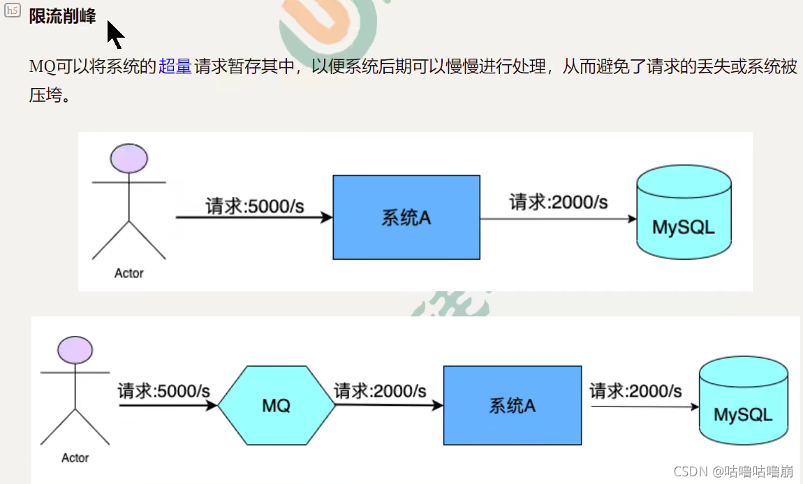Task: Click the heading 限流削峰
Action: click(62, 16)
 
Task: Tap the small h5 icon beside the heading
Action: click(13, 13)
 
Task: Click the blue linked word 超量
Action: click(175, 67)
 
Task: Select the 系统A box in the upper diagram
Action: click(406, 217)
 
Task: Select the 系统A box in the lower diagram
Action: click(512, 405)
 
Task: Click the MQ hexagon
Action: click(277, 405)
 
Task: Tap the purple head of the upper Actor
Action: click(129, 159)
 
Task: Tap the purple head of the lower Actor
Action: click(75, 349)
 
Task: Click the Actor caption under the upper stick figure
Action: click(129, 273)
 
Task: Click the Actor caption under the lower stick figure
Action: click(75, 458)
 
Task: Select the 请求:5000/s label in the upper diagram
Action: click(254, 207)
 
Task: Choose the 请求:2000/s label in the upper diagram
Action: click(559, 203)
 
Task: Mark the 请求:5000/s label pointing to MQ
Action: click(164, 390)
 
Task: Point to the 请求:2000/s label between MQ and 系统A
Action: click(380, 390)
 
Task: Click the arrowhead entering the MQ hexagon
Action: click(212, 404)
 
